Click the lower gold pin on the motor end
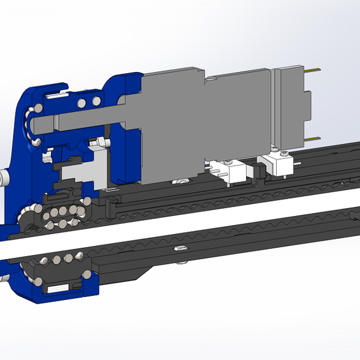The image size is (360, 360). [312, 139]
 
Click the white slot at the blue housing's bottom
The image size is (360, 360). [58, 289]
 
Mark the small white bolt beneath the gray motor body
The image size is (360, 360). [179, 181]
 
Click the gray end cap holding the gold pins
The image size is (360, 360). [292, 105]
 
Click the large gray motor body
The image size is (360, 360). [174, 126]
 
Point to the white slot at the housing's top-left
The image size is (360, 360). [54, 94]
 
